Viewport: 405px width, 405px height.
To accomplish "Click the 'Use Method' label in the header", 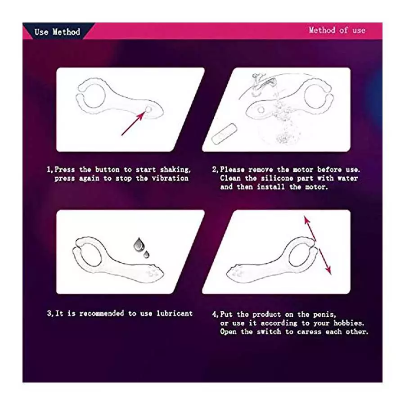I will (x=57, y=32).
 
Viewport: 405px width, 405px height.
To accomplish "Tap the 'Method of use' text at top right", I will (x=337, y=30).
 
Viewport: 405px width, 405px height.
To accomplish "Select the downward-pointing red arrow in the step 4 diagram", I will (x=325, y=261).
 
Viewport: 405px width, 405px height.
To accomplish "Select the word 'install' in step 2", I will (x=271, y=187).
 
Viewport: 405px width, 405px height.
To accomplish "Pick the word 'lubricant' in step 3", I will (x=175, y=313).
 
